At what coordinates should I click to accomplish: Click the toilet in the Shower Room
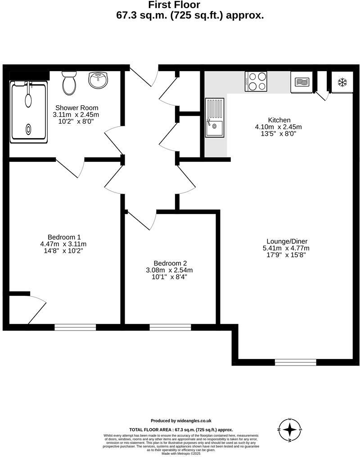69,83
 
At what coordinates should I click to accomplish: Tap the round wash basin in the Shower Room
98,81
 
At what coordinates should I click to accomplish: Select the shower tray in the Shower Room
28,112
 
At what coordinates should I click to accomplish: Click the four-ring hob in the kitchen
256,81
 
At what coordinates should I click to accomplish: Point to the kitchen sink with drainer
215,117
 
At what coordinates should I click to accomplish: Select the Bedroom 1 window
75,327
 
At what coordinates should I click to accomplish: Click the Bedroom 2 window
170,327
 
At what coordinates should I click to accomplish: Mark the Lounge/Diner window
295,362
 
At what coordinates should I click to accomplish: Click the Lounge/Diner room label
287,241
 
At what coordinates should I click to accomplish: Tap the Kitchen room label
279,120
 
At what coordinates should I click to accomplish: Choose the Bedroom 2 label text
170,264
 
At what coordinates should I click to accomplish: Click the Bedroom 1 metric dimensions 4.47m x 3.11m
63,244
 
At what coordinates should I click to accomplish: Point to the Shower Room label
76,108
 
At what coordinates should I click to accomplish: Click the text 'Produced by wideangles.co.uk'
181,421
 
